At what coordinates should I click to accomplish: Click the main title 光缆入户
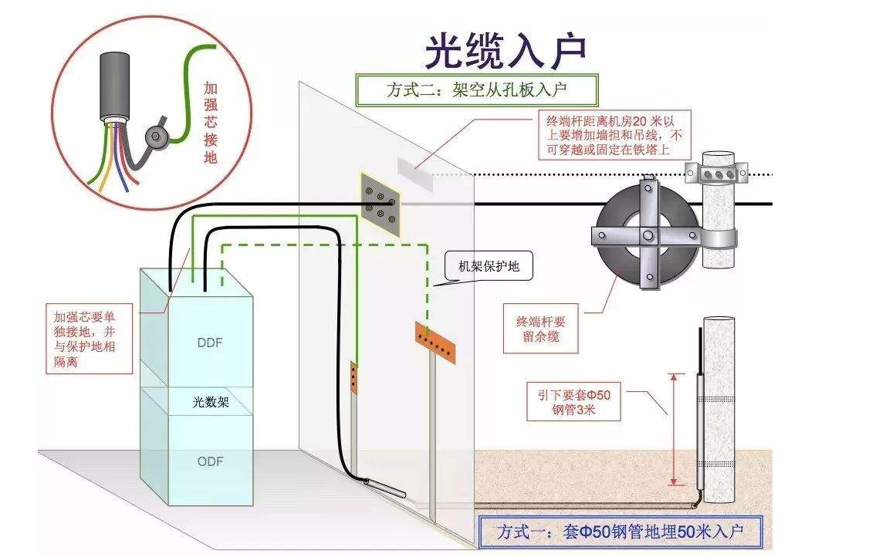coord(506,51)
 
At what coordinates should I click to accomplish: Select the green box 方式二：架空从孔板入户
coord(476,90)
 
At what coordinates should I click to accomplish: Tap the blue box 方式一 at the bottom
coord(620,532)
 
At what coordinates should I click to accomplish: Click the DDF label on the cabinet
coord(209,343)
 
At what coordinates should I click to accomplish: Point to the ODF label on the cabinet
coord(210,461)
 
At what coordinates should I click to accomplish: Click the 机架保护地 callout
coord(485,267)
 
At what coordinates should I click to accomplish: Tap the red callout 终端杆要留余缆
coord(540,329)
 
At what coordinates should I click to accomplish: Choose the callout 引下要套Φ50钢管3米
coord(573,403)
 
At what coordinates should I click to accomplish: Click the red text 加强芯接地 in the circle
coord(210,123)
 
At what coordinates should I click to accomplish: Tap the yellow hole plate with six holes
coord(380,204)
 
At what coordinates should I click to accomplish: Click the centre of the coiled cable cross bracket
coord(647,235)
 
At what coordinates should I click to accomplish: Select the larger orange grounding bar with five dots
coord(436,343)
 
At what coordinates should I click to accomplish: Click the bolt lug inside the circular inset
coord(157,137)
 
